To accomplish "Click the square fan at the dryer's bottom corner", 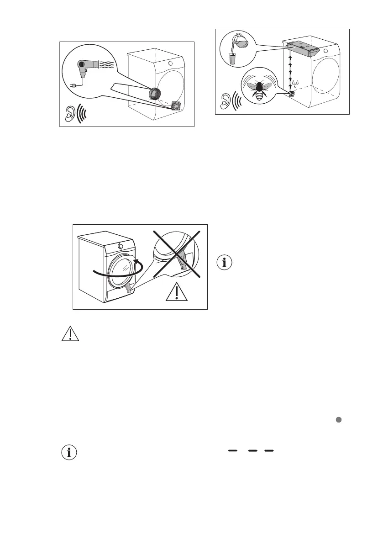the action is point(175,106).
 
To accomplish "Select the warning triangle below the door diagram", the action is point(69,334).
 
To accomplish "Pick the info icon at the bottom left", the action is point(69,453).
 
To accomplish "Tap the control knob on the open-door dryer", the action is point(121,245).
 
